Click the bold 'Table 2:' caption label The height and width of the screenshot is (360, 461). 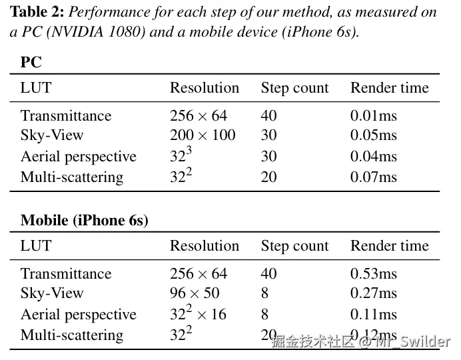pos(38,13)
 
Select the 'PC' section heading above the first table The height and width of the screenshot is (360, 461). pos(31,63)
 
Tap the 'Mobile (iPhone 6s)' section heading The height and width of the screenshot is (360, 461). pos(84,221)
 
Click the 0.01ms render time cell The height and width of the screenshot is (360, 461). pos(373,116)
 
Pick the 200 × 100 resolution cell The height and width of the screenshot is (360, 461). pos(203,135)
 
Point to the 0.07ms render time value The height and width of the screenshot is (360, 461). pos(373,177)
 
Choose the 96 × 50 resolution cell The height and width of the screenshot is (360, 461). pos(195,293)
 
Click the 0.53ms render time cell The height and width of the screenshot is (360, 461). pos(373,274)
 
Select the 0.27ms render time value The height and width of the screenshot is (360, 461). pos(373,293)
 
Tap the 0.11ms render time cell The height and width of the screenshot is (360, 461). pos(373,315)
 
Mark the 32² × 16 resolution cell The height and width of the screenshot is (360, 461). pos(198,314)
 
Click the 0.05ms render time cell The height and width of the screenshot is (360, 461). pos(373,135)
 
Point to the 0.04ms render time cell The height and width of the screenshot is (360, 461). pos(373,157)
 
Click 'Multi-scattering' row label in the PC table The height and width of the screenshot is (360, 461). pos(72,177)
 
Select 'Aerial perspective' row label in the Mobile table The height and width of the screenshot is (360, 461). pos(78,315)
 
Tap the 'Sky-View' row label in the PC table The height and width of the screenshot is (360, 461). pos(52,135)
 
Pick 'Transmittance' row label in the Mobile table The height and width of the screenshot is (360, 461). pos(66,274)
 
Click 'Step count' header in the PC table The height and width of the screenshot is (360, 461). pos(294,88)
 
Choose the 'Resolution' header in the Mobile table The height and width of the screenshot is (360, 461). pos(204,246)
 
